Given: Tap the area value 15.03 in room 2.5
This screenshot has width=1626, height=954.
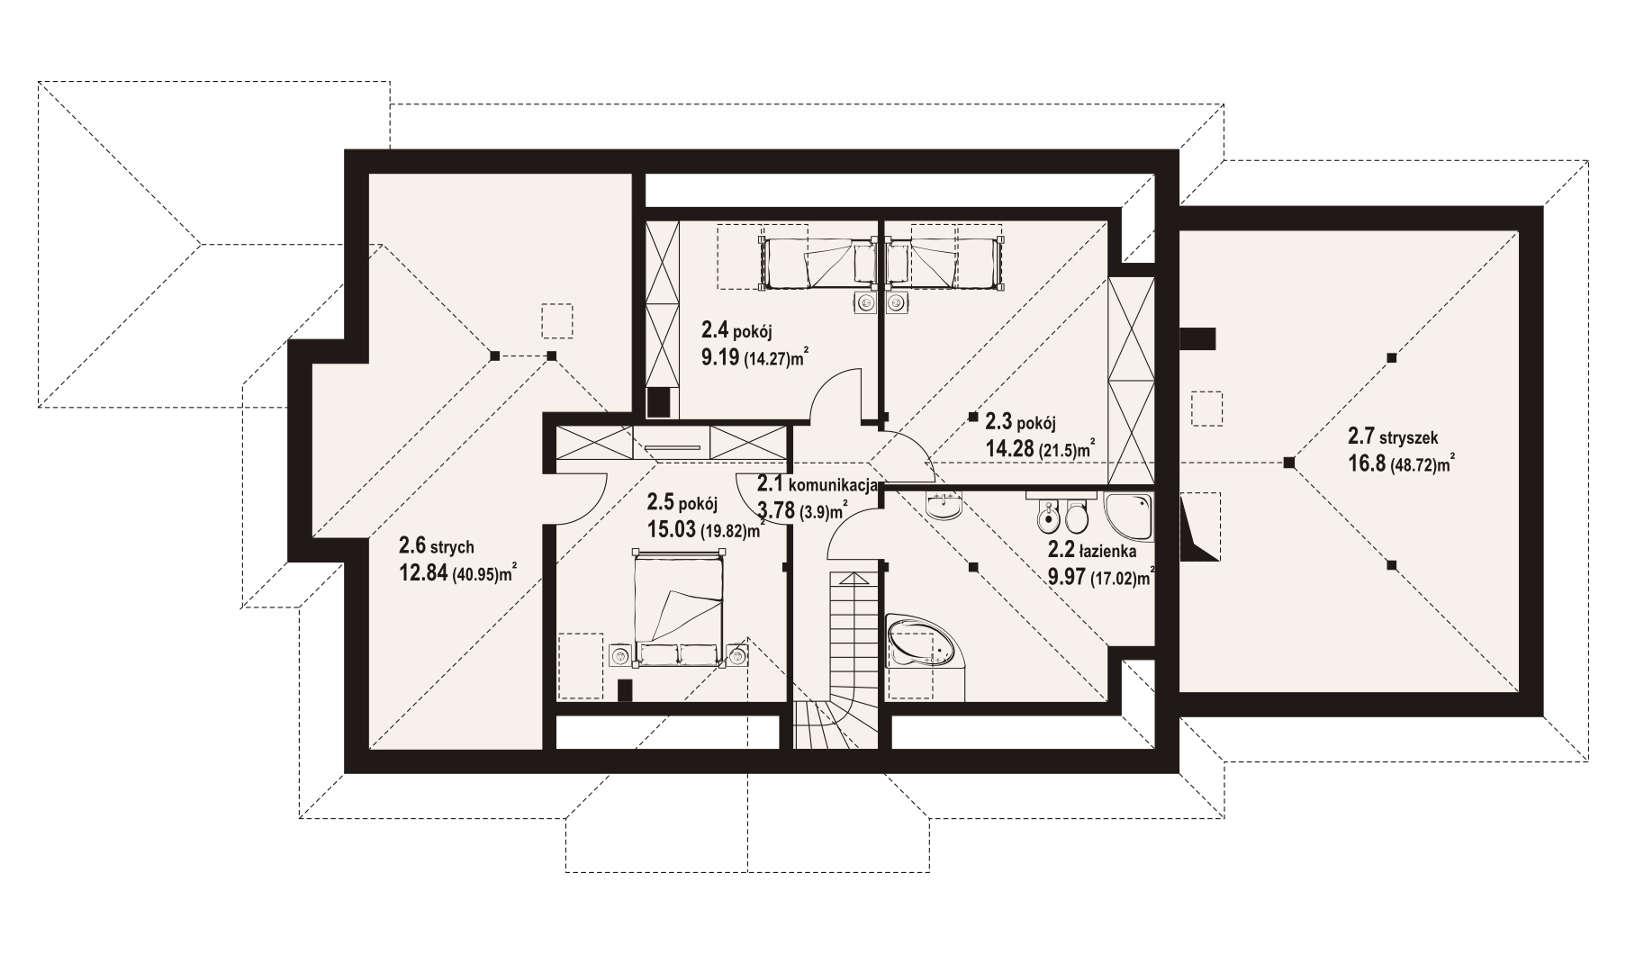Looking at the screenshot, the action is click(x=672, y=528).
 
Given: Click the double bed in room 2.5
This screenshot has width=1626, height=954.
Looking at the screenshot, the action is click(x=678, y=611).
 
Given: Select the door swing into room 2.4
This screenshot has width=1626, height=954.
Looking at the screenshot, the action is click(x=830, y=396).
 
